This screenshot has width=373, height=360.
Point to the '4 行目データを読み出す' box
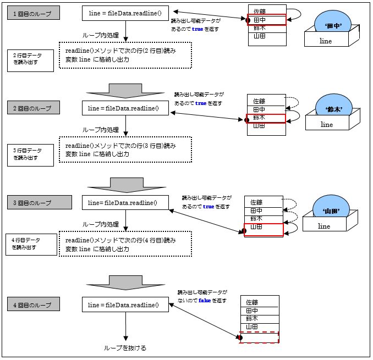point(30,244)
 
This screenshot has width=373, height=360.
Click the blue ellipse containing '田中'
point(333,25)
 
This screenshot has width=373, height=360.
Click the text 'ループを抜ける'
point(125,348)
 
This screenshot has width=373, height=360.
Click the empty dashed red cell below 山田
point(260,337)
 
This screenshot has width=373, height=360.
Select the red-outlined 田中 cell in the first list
point(267,20)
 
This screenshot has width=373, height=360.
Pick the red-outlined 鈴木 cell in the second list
point(266,118)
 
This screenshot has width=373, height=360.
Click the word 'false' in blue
point(205,301)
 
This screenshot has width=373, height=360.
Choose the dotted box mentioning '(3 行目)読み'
point(125,150)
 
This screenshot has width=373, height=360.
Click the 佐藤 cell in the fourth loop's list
point(260,302)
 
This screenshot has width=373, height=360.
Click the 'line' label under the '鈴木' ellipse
point(327,125)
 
